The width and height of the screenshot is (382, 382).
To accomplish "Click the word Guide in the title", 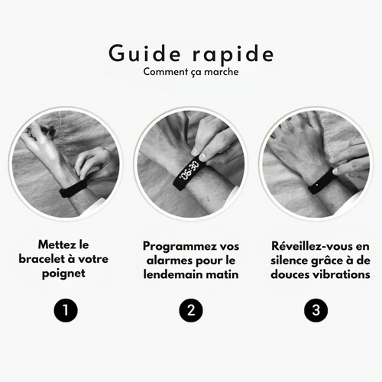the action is coord(144,53).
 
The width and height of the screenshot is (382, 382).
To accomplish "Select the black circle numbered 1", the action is coord(66,310).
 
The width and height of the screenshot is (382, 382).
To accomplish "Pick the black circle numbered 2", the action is coord(191,310).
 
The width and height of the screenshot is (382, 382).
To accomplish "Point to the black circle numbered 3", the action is coord(316,310).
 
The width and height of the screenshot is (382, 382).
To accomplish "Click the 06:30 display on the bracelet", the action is coord(189,170).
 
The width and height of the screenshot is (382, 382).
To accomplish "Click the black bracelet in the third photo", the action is coord(322,181).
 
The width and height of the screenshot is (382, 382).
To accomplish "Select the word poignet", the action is coord(63,274).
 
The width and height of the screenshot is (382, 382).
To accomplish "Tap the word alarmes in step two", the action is coord(170,261).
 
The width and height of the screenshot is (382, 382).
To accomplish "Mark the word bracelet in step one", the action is coord(41,259).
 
